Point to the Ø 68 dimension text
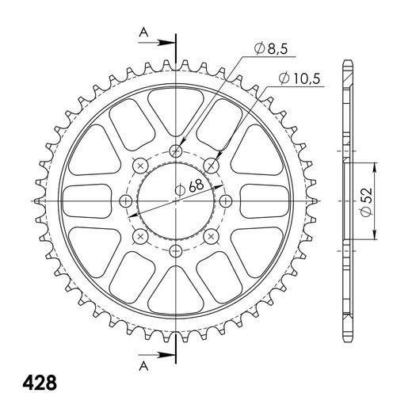(x=189, y=188)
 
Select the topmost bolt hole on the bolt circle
(x=176, y=151)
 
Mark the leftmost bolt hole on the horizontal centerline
(x=126, y=200)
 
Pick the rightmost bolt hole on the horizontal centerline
(x=226, y=200)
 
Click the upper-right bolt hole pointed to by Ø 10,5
(x=211, y=165)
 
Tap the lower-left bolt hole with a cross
(x=141, y=236)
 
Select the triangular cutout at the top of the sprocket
(x=176, y=111)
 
